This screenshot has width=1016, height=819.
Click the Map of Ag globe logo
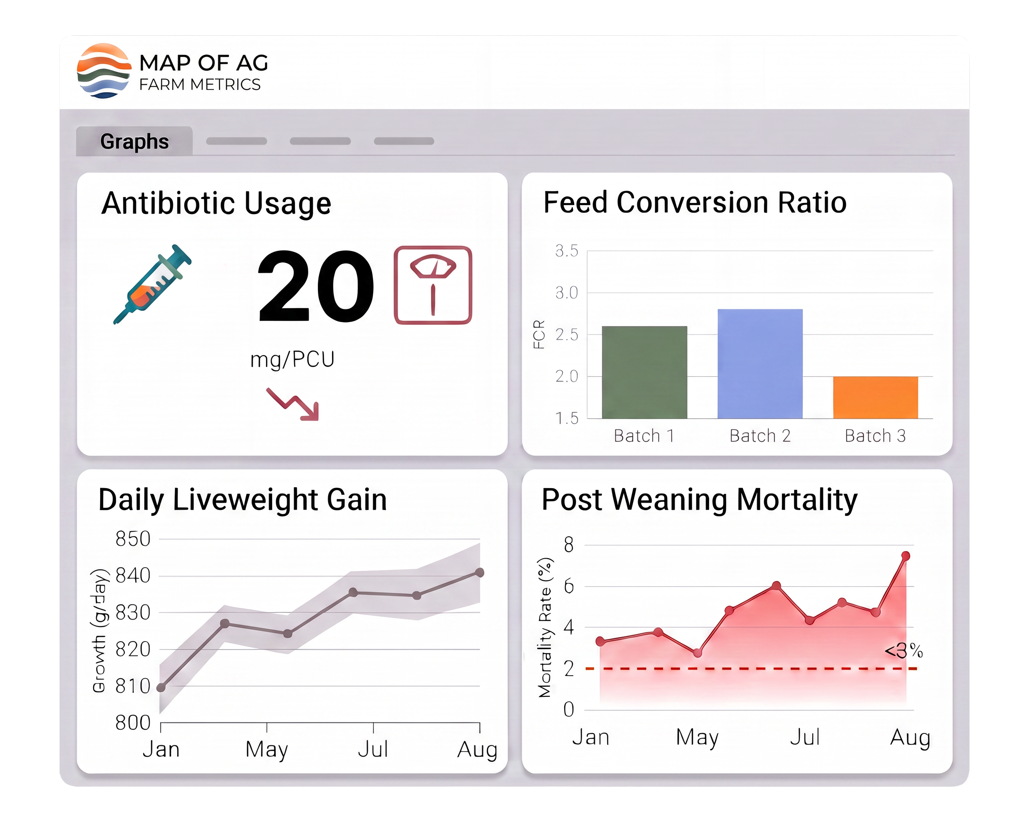tap(104, 71)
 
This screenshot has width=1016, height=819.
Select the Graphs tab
tap(134, 141)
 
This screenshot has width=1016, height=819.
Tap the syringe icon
tap(152, 284)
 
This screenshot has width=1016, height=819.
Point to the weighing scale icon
tap(433, 285)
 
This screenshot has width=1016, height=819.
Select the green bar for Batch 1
tap(645, 372)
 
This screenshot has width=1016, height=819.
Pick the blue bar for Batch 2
tap(760, 364)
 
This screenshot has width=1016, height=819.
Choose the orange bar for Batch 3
tap(875, 397)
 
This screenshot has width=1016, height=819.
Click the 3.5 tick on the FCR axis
tap(567, 251)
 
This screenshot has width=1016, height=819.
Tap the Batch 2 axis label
tap(760, 436)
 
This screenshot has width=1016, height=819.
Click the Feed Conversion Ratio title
tap(695, 203)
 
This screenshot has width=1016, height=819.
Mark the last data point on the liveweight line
tap(479, 572)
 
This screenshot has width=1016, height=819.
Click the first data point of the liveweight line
tap(161, 688)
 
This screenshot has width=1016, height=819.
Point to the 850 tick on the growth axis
tap(133, 539)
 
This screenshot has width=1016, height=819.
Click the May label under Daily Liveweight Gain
tap(267, 749)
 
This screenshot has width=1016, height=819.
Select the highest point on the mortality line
tap(905, 556)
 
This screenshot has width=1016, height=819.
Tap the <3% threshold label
tap(903, 651)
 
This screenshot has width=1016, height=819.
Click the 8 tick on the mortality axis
tap(568, 545)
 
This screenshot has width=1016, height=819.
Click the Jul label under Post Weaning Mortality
tap(805, 737)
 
